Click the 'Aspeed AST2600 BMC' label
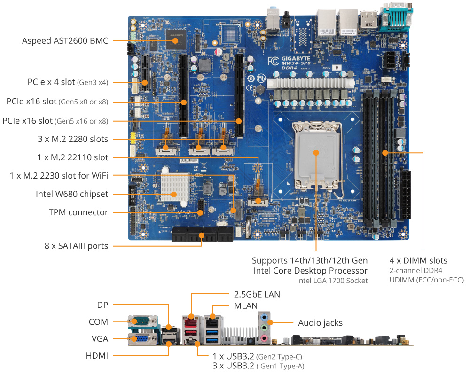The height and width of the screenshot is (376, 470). click(65, 41)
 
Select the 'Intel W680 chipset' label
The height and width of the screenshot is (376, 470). click(72, 194)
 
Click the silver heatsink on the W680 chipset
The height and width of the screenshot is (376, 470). click(173, 186)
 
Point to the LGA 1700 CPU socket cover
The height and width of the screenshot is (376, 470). click(316, 152)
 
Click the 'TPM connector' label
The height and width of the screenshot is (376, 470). click(78, 212)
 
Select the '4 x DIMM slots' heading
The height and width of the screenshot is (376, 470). click(418, 260)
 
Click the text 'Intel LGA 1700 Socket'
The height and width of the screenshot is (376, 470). click(332, 281)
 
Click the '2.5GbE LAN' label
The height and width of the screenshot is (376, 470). click(257, 295)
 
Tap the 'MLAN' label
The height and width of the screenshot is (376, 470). click(246, 306)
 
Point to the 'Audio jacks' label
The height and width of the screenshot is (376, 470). click(320, 323)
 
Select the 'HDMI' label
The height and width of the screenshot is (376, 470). click(97, 356)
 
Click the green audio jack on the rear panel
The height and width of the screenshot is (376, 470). click(265, 327)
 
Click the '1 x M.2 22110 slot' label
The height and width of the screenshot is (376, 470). click(72, 157)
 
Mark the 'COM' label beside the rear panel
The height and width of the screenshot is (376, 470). click(98, 322)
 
